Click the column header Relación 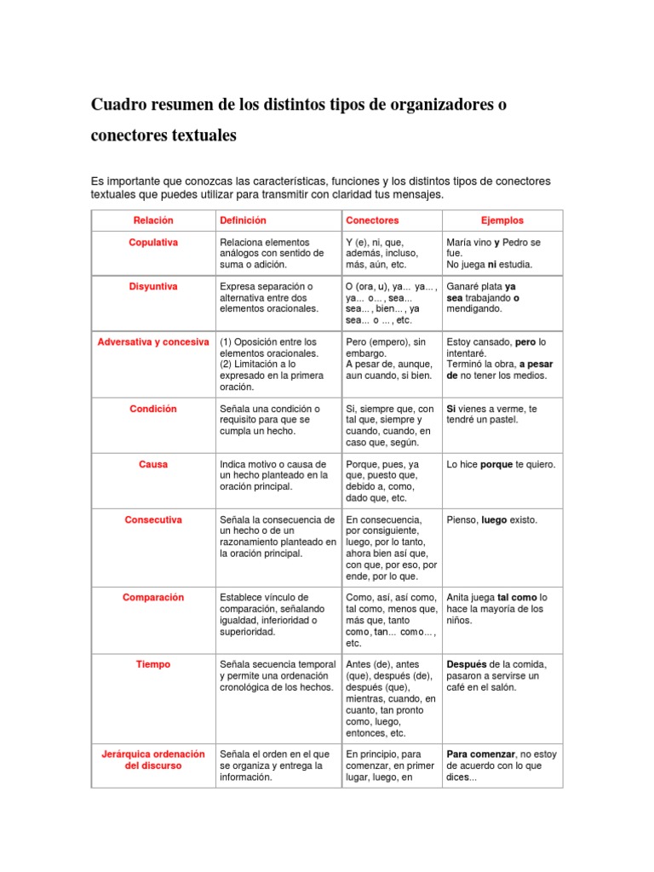click(x=153, y=221)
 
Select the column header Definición click(x=243, y=221)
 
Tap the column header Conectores click(x=372, y=221)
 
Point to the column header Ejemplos click(x=502, y=221)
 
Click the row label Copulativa click(x=153, y=243)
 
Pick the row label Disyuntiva click(x=153, y=287)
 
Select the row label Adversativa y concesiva click(x=153, y=342)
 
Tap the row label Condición click(x=153, y=409)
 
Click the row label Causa click(x=153, y=465)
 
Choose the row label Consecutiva click(x=153, y=519)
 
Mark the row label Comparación click(x=153, y=598)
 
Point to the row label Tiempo click(x=153, y=664)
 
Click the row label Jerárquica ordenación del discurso click(x=153, y=760)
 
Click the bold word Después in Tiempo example click(x=468, y=664)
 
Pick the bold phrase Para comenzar click(x=481, y=754)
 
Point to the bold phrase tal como click(x=517, y=598)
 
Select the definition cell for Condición click(x=270, y=420)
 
